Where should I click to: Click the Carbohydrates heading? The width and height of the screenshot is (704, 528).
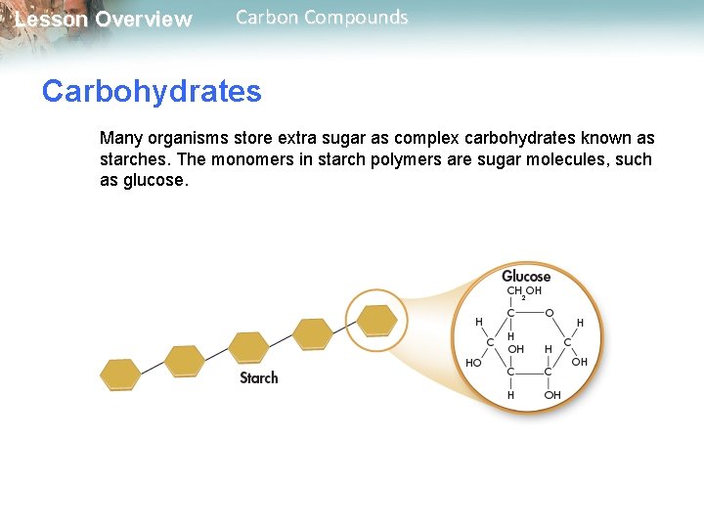152,91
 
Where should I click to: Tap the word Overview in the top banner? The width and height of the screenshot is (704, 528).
144,20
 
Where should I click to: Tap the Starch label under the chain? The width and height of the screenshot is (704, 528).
259,377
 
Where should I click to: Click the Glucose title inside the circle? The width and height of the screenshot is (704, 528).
526,276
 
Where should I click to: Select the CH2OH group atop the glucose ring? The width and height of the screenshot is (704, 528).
524,291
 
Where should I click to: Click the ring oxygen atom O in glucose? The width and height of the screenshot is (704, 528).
550,313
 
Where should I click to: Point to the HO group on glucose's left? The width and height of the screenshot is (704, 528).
473,363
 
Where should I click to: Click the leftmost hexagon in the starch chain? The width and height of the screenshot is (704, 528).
120,374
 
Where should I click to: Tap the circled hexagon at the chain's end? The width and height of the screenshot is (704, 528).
376,319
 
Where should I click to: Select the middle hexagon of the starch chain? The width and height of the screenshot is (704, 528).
248,347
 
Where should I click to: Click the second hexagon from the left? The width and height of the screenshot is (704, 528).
184,361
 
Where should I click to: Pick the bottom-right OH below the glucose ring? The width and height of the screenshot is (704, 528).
552,395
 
